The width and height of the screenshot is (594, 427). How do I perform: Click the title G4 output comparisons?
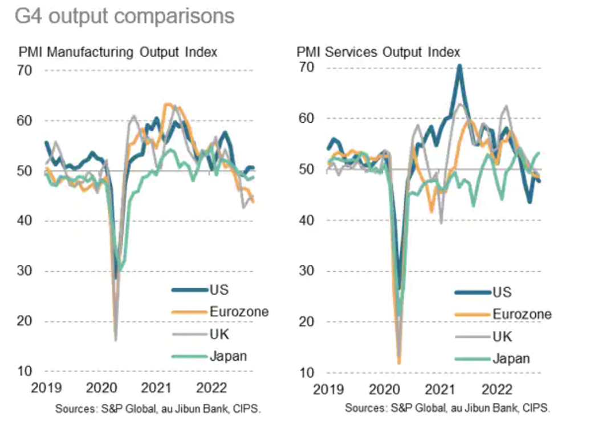124,16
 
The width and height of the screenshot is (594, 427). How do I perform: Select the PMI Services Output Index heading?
379,52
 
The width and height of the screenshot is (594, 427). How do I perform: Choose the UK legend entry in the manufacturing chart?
219,334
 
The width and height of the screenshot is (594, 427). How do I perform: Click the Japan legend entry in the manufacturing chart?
227,356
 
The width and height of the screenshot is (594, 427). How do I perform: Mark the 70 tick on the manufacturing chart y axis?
26,70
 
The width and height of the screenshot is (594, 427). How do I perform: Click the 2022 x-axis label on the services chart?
496,390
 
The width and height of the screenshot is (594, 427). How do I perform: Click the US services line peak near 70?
459,66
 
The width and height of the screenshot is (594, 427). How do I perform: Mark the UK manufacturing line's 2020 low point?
116,340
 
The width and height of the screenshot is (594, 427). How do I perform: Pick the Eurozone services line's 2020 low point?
399,362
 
